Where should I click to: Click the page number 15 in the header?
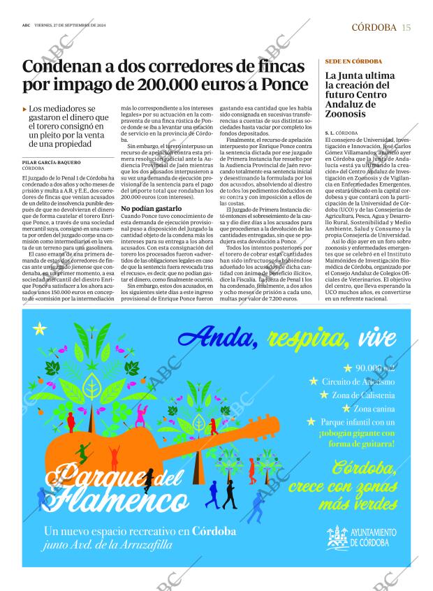click(x=406, y=27)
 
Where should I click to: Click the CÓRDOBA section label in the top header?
click(x=373, y=27)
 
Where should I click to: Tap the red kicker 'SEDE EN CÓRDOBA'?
click(x=354, y=61)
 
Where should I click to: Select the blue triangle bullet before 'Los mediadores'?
click(x=25, y=110)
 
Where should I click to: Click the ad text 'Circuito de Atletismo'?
click(x=358, y=381)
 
